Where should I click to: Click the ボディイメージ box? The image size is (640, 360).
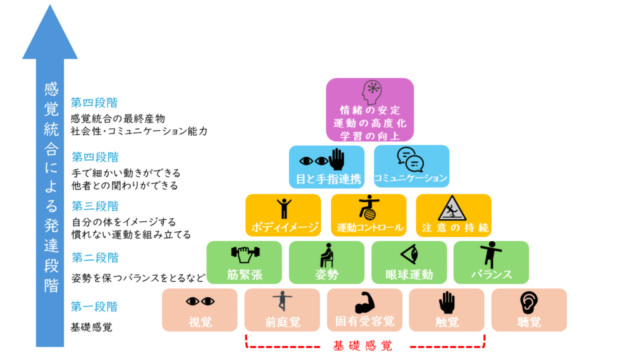click(283, 215)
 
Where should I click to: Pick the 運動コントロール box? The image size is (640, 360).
click(368, 215)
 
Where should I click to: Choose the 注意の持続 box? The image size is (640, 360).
click(454, 215)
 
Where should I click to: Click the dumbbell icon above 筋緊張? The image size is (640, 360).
click(244, 254)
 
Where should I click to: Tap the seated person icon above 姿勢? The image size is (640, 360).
click(326, 254)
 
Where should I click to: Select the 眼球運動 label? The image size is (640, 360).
click(409, 274)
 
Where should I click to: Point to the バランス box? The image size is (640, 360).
click(491, 262)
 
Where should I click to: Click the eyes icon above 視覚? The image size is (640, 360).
click(200, 301)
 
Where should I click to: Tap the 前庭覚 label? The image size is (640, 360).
click(282, 322)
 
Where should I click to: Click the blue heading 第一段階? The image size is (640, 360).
click(94, 307)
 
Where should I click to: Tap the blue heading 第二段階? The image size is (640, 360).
click(94, 257)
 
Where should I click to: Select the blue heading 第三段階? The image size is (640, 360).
click(94, 206)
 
